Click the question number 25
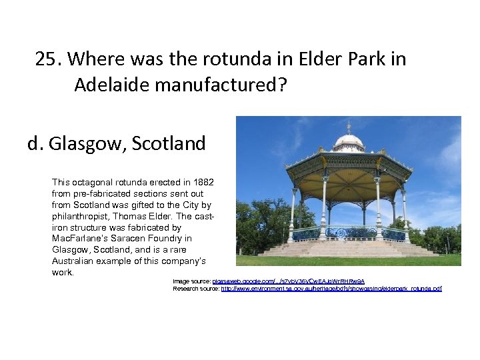[47, 59]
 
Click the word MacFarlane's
[79, 239]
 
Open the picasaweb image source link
[288, 281]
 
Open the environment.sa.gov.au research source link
[331, 289]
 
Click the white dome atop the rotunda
[348, 141]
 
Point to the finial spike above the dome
[348, 127]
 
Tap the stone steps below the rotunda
[348, 249]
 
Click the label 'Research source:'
[196, 289]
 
